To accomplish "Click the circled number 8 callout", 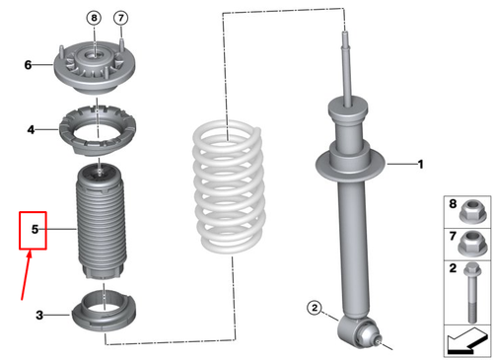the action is click(x=94, y=18).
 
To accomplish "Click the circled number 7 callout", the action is click(x=120, y=18).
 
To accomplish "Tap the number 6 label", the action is click(x=28, y=65).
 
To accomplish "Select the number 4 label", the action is click(x=31, y=129).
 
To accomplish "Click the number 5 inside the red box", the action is click(x=35, y=229).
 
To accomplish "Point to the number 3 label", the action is click(x=39, y=315).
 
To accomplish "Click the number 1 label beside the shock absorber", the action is click(x=420, y=164).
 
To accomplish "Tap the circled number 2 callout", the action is click(x=315, y=308).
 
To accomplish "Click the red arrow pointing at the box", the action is click(x=26, y=275).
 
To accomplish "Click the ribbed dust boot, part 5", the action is click(x=102, y=222).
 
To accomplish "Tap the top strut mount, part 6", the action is click(x=95, y=67).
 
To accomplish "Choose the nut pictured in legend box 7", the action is click(x=472, y=244).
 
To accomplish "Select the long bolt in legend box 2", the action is click(x=472, y=293).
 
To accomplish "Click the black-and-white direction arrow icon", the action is click(x=467, y=342).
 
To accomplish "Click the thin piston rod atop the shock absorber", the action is click(x=346, y=69).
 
